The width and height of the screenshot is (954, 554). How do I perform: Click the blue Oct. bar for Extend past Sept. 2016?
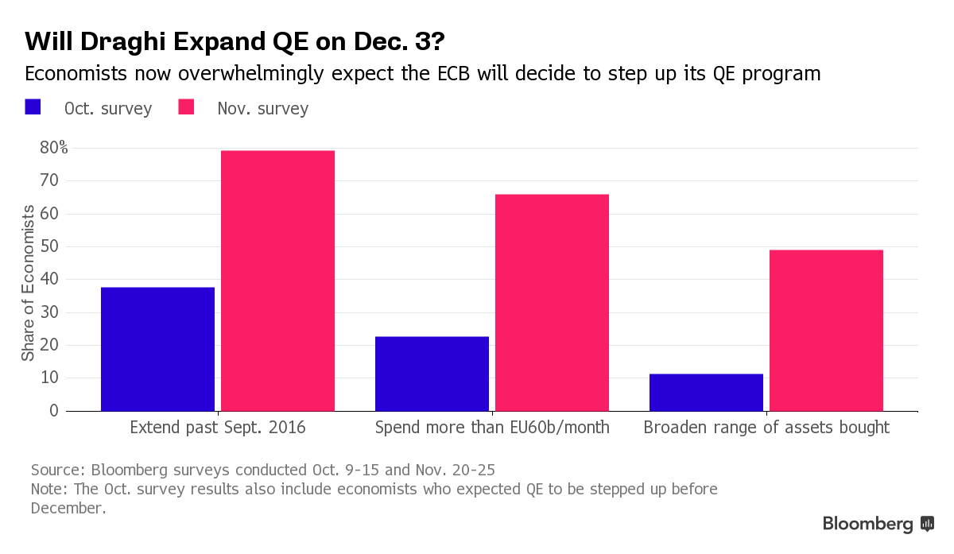coord(157,349)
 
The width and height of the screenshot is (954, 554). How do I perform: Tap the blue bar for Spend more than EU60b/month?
coord(432,374)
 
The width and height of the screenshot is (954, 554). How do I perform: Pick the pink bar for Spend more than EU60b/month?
coord(552,302)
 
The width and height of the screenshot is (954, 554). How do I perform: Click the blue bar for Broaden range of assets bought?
coord(706,392)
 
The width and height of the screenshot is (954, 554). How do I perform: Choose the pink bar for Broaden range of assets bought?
coord(826,330)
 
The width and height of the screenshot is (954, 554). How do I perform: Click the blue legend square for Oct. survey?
coord(33,107)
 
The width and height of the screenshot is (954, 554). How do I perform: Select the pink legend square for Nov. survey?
coord(186,107)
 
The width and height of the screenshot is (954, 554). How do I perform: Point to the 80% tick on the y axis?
coord(54,148)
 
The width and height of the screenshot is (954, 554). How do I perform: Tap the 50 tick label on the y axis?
coord(49,246)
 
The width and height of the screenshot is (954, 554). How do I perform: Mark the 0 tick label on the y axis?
coord(54,411)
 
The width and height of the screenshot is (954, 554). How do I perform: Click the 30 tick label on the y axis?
coord(49,312)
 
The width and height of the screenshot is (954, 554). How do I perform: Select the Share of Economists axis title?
coord(28,283)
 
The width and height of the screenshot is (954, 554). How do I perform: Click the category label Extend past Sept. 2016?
coord(217,428)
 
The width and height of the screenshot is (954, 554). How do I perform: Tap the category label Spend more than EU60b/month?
coord(492,428)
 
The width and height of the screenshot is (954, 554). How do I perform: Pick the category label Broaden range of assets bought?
coord(766,428)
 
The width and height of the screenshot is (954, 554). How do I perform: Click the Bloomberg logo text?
coord(868,524)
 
